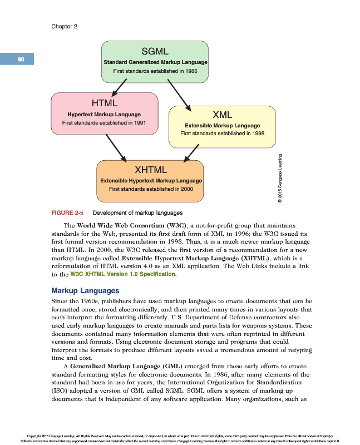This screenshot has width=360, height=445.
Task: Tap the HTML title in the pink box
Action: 104,103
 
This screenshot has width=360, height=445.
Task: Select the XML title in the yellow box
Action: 222,115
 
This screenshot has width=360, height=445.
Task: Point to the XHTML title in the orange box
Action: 151,169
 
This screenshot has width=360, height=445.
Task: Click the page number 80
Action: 21,59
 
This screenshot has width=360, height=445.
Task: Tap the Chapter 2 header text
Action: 64,26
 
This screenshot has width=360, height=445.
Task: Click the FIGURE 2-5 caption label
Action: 67,212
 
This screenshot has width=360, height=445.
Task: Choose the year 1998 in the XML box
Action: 256,134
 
